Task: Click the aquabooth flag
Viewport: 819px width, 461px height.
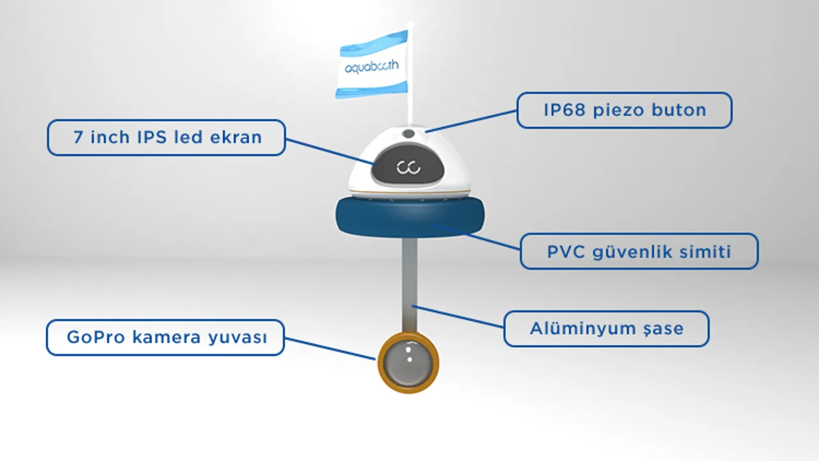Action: tap(373, 65)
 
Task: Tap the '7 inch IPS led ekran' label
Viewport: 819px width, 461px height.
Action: tap(166, 137)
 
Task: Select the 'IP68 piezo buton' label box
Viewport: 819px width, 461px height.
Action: tap(624, 110)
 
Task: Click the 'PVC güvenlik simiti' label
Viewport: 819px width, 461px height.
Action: tap(639, 251)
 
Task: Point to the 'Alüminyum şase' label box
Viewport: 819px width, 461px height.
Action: tap(606, 329)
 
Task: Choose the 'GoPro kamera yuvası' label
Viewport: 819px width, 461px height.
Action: tap(165, 337)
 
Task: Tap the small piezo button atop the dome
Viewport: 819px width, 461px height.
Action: tap(408, 134)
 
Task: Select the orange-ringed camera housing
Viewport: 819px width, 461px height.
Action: tap(408, 363)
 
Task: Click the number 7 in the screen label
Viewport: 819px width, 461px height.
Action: tap(78, 137)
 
